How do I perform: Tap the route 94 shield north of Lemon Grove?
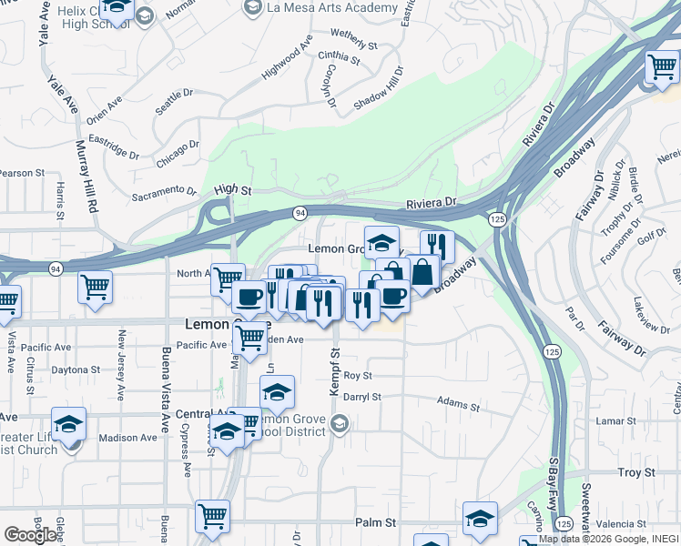(x=299, y=212)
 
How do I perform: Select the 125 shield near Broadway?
(x=497, y=219)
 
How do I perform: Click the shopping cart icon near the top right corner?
(x=662, y=66)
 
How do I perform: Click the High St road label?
(x=232, y=189)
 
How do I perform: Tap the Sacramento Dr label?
(x=164, y=192)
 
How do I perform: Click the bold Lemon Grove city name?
(x=228, y=323)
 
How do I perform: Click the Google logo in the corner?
(x=30, y=535)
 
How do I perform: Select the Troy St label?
(x=635, y=472)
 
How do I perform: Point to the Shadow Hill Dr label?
(x=378, y=90)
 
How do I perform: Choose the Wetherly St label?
(x=353, y=38)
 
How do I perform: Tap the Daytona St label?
(x=75, y=370)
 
